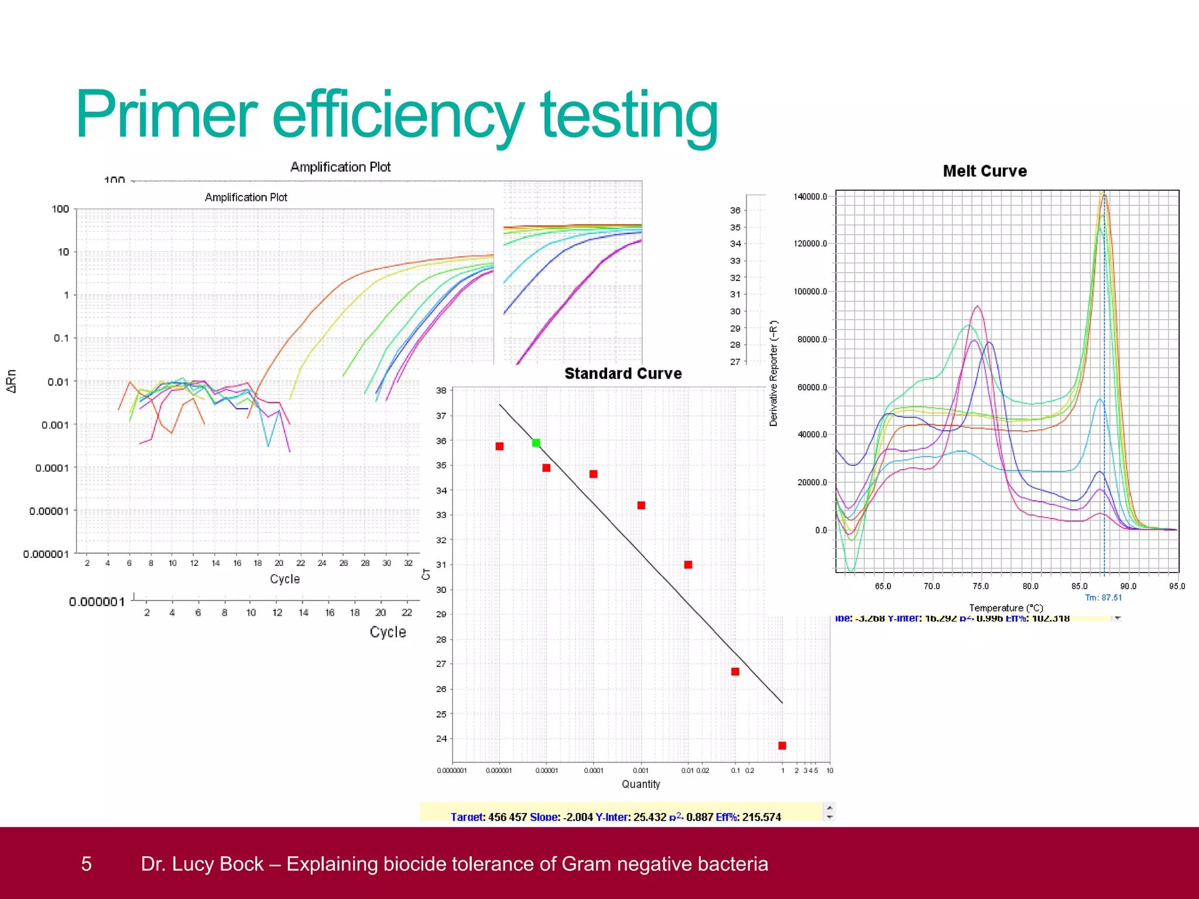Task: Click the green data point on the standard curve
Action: click(x=536, y=443)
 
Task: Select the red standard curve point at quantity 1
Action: click(x=782, y=746)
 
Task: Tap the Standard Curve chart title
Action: click(x=623, y=373)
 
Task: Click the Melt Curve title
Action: click(x=985, y=171)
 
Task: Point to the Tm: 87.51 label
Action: click(x=1103, y=598)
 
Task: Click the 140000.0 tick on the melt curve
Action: click(x=810, y=197)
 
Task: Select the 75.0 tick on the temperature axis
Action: click(x=981, y=586)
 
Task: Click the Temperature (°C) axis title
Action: click(x=1006, y=608)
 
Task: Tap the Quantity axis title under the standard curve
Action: click(x=640, y=784)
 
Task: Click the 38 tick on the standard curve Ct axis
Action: click(x=441, y=390)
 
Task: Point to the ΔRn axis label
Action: click(x=11, y=381)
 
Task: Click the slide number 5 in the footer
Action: click(x=86, y=864)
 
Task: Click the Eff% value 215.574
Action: click(x=761, y=817)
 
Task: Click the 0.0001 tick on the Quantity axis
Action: click(x=593, y=771)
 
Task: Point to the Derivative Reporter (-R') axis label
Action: click(x=773, y=373)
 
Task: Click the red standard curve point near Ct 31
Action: click(x=688, y=565)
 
